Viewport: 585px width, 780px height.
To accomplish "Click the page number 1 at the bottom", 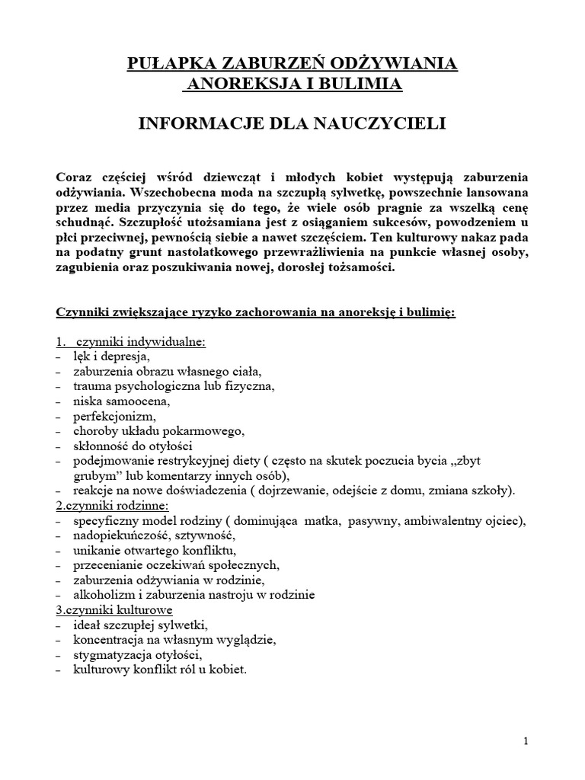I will (526, 741).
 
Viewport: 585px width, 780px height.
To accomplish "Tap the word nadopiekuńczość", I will (120, 535).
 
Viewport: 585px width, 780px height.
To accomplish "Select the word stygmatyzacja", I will (112, 654).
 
